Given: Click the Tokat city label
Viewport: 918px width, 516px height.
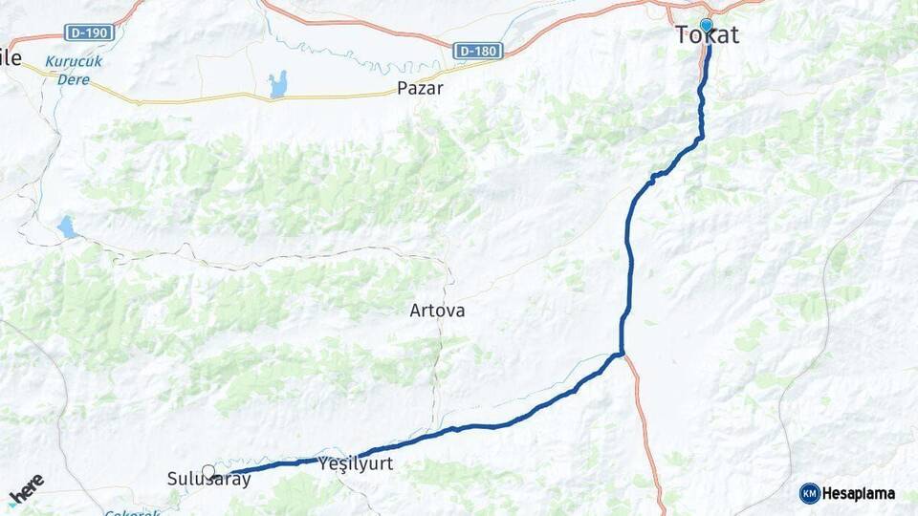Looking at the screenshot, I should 708,35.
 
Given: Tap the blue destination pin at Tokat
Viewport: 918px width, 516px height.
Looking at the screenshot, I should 706,25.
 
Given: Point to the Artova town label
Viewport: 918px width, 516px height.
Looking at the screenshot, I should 437,311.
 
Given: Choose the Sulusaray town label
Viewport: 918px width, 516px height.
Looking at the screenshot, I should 208,480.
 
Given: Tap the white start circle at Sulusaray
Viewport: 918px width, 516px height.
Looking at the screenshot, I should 208,471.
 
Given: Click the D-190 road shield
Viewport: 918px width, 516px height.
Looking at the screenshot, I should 89,32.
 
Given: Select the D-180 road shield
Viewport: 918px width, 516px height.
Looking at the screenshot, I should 477,51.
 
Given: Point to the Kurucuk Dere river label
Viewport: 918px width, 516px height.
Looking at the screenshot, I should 75,71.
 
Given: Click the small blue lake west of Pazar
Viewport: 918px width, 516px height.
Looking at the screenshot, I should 278,84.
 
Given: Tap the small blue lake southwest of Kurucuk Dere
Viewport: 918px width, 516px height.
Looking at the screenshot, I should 66,227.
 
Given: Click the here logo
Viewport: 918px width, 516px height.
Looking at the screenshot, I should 27,488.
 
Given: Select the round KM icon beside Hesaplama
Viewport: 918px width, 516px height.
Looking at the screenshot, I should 809,493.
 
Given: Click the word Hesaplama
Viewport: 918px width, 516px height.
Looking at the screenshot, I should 859,493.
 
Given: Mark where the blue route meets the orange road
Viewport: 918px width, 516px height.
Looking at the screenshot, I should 623,355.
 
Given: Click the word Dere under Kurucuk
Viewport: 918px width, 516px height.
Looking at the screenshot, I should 73,80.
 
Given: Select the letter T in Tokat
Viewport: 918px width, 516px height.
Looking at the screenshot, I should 683,35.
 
